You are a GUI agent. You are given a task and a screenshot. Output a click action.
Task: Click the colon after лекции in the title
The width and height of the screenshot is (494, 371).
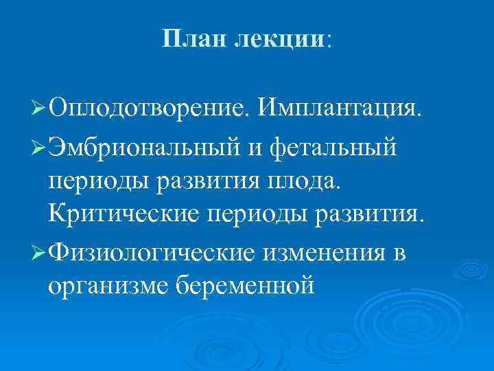tap(328, 41)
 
